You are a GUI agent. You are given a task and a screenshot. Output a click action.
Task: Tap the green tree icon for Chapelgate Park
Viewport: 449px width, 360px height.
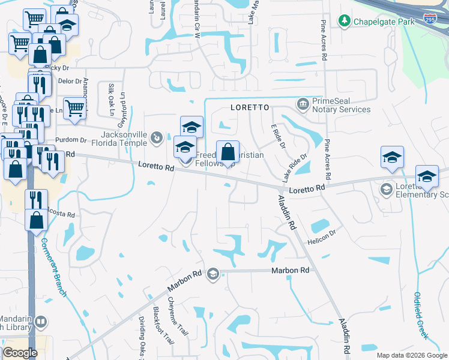point(345,22)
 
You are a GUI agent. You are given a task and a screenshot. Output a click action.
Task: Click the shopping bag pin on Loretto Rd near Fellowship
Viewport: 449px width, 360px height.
point(228,154)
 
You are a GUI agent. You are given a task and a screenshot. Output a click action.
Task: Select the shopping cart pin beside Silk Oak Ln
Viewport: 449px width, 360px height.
point(75,110)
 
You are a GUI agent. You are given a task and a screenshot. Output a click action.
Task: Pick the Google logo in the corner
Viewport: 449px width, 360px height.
point(20,353)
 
